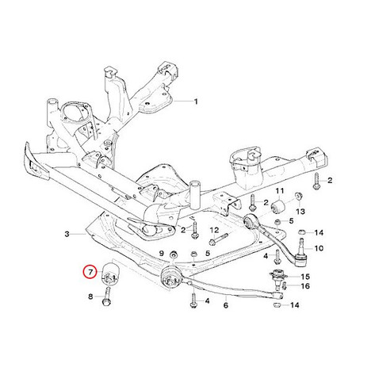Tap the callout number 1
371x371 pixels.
[x=196, y=101]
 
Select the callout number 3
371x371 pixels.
[x=67, y=234]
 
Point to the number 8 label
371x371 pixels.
[x=90, y=296]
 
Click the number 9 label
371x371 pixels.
[x=162, y=254]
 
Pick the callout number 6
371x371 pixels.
[x=226, y=305]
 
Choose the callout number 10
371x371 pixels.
[x=319, y=248]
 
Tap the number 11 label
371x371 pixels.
[x=280, y=190]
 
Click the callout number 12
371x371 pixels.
[x=215, y=230]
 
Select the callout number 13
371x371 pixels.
[x=300, y=212]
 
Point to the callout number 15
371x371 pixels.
[x=305, y=277]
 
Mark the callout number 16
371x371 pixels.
[x=305, y=286]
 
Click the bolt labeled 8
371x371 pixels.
[x=107, y=297]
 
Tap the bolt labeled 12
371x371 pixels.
[x=218, y=239]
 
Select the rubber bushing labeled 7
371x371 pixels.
[x=111, y=273]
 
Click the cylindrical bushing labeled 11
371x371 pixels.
[x=278, y=206]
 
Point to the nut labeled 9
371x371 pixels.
[x=174, y=254]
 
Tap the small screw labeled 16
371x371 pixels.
[x=285, y=286]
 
